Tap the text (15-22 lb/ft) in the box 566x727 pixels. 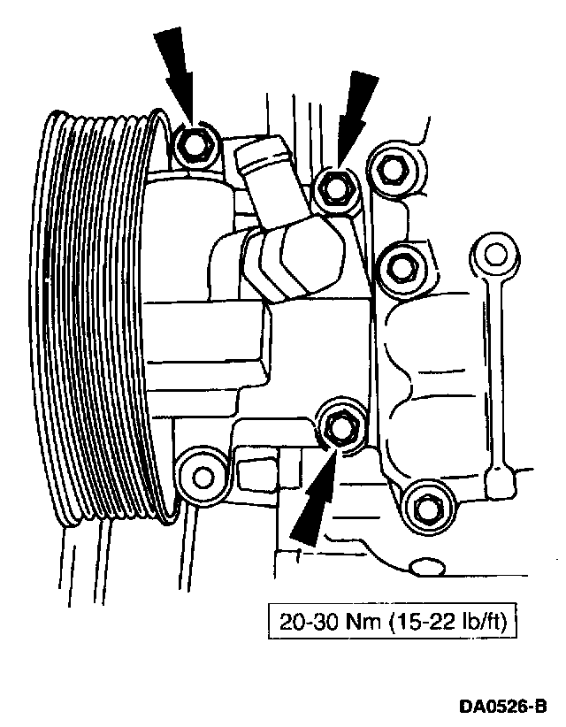pyautogui.click(x=447, y=624)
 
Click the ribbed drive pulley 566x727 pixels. pyautogui.click(x=97, y=318)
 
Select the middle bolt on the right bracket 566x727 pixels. pyautogui.click(x=401, y=264)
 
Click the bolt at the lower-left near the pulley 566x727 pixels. pyautogui.click(x=201, y=476)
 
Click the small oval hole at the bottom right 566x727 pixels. pyautogui.click(x=430, y=565)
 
